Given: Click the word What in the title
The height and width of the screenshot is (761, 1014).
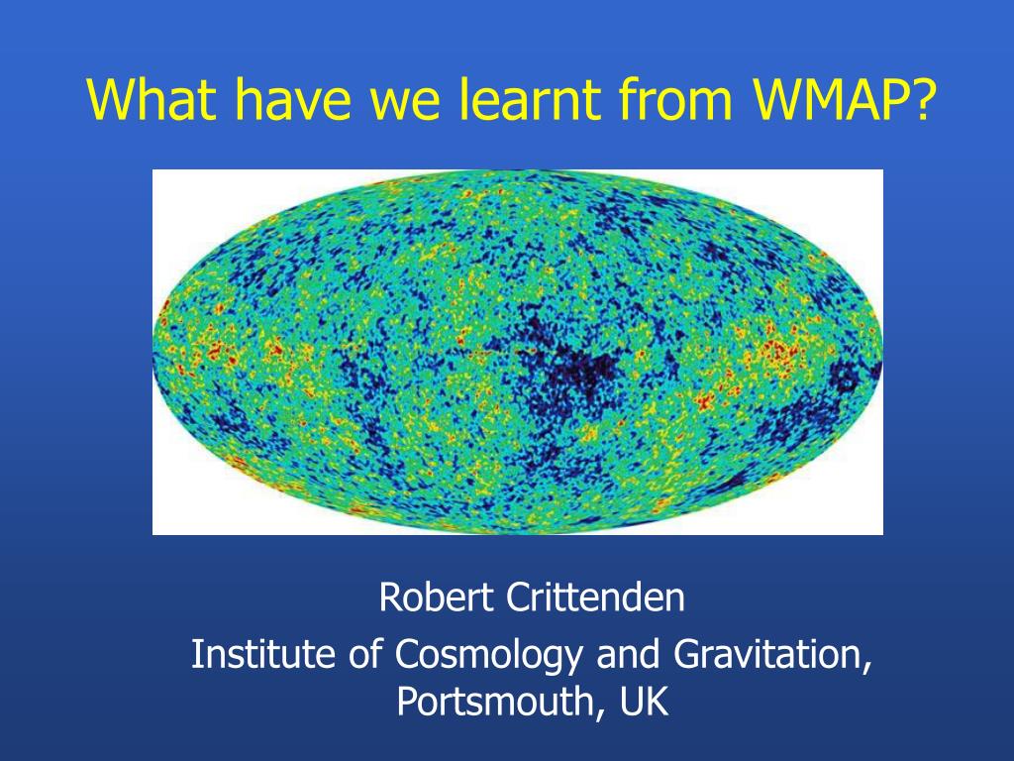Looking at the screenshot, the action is (x=152, y=99).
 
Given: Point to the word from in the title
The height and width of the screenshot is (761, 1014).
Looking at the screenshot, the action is (x=675, y=99).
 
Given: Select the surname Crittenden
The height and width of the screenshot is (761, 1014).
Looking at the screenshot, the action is (x=595, y=597).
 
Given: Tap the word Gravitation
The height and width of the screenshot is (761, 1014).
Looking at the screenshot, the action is (x=767, y=654).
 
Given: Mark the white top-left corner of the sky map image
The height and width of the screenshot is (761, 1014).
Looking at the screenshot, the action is (x=153, y=170).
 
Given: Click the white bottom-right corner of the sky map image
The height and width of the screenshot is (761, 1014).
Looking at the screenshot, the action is (x=882, y=533).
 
